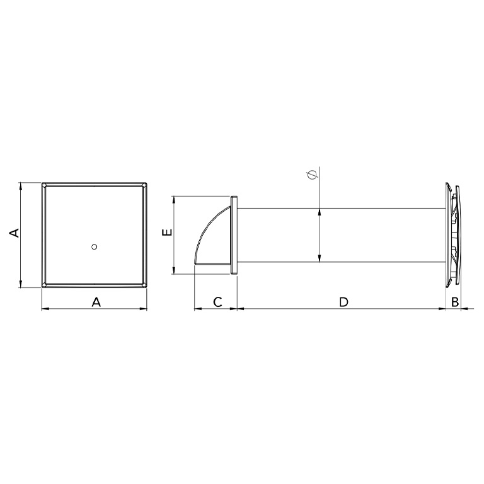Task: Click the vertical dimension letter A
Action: pyautogui.click(x=14, y=233)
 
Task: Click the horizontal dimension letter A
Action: pyautogui.click(x=96, y=302)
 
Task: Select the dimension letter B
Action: pyautogui.click(x=455, y=302)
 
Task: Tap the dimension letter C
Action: pyautogui.click(x=217, y=302)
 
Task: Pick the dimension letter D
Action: pyautogui.click(x=343, y=302)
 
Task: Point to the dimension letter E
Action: pyautogui.click(x=167, y=232)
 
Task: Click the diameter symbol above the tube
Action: pyautogui.click(x=313, y=175)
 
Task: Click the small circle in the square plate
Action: pyautogui.click(x=95, y=246)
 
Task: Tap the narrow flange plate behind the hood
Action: pyautogui.click(x=234, y=235)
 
